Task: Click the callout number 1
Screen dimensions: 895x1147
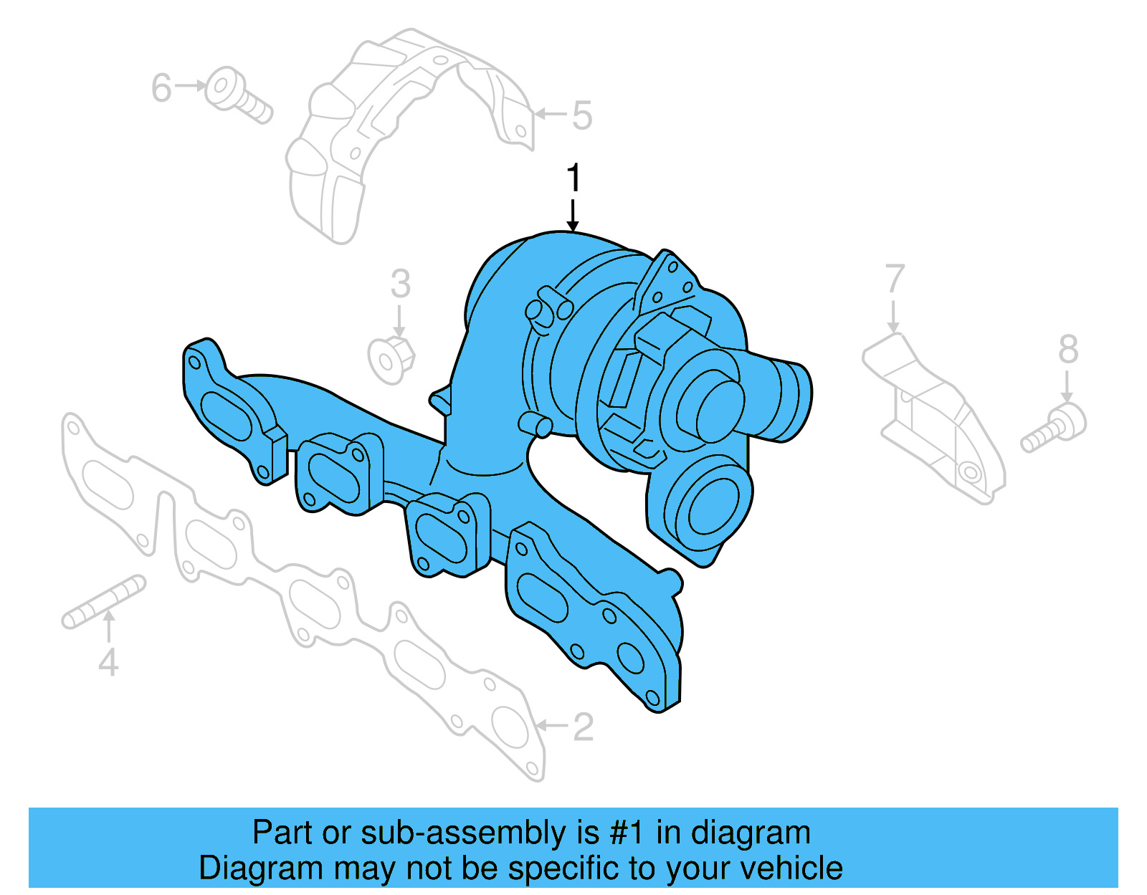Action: coord(573,178)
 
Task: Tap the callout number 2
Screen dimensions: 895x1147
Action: coord(583,727)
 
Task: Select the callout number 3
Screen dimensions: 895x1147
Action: coord(401,284)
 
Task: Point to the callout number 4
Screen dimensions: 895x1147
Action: coord(108,662)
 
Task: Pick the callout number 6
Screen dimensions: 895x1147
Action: coord(161,87)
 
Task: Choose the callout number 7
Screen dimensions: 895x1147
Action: coord(895,279)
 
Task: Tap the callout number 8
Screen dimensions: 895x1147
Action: coord(1068,350)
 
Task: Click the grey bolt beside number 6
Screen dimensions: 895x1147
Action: coord(237,97)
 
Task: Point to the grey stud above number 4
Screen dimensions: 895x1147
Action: coord(104,600)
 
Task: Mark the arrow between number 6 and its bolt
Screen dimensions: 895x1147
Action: coord(190,86)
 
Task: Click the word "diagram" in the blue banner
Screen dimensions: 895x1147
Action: coord(751,833)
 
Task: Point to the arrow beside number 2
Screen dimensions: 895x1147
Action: coord(551,726)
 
